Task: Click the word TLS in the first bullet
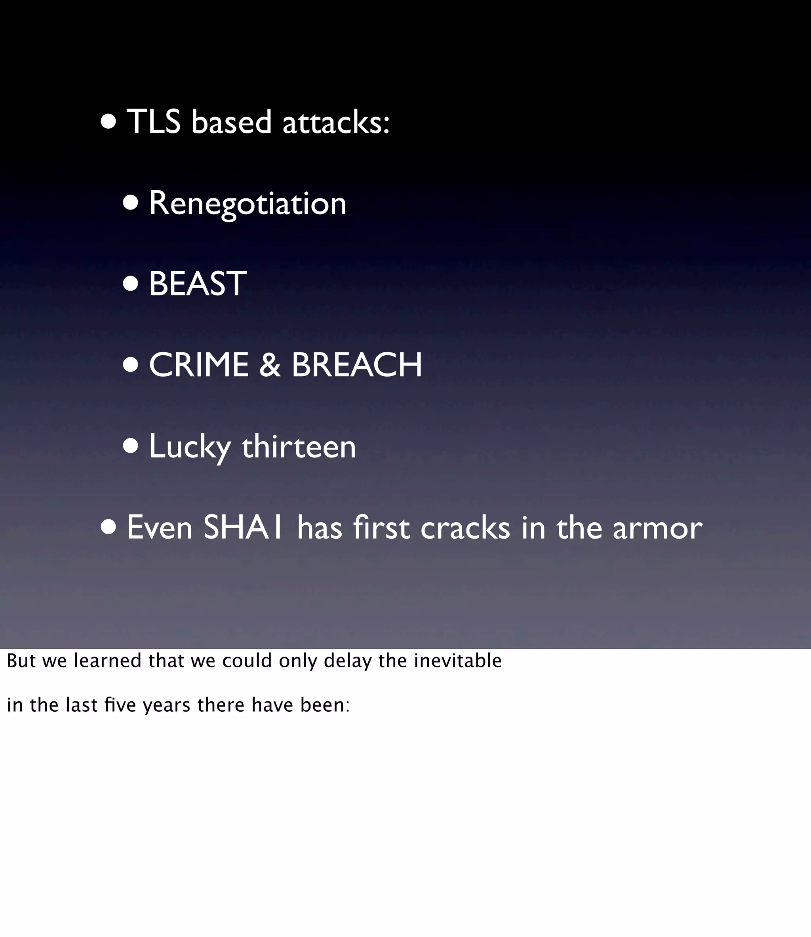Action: tap(154, 122)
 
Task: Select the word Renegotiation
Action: tap(247, 204)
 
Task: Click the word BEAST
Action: tap(197, 284)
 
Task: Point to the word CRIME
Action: tap(199, 365)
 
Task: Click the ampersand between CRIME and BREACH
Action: tap(270, 365)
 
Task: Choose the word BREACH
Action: tap(357, 365)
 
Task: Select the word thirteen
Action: tap(299, 446)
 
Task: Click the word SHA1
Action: tap(244, 528)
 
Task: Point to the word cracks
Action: tap(465, 528)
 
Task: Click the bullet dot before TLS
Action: tap(109, 122)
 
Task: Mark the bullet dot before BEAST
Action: tap(131, 284)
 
